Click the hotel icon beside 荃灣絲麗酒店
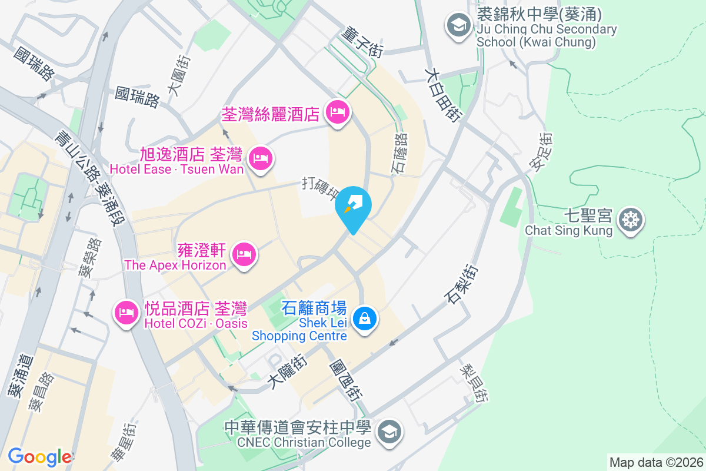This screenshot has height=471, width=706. click(337, 111)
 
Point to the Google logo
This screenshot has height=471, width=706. click(39, 457)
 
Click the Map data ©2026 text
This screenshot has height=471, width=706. click(655, 462)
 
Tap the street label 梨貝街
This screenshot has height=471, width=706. click(474, 382)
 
